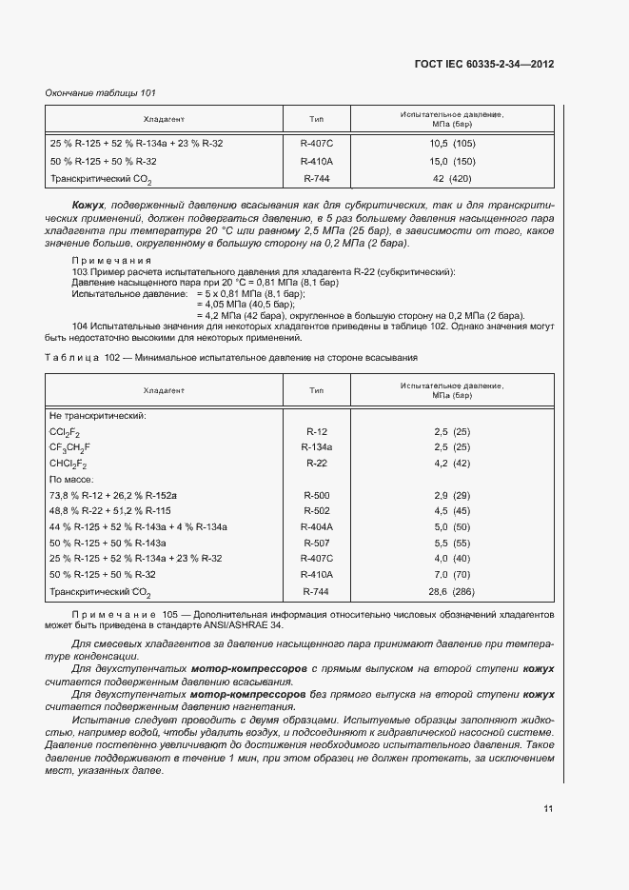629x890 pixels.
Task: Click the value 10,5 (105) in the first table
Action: coord(452,143)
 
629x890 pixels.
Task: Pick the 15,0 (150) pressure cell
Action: coord(452,161)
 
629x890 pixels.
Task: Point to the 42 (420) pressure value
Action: coord(452,178)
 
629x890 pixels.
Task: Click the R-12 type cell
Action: coord(316,431)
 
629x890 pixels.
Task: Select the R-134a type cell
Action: coord(316,446)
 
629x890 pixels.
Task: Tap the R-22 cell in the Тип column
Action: coord(316,463)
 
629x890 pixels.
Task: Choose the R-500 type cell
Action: coord(316,496)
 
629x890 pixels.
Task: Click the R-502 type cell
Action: coord(316,511)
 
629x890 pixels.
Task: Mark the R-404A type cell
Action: coord(316,526)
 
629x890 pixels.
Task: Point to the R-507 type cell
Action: coord(316,542)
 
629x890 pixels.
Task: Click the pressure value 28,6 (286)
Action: coord(452,591)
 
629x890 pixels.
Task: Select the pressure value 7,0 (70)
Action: coord(452,574)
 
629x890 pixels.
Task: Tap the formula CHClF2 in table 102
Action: coord(68,464)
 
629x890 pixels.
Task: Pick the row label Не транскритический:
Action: coord(96,415)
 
